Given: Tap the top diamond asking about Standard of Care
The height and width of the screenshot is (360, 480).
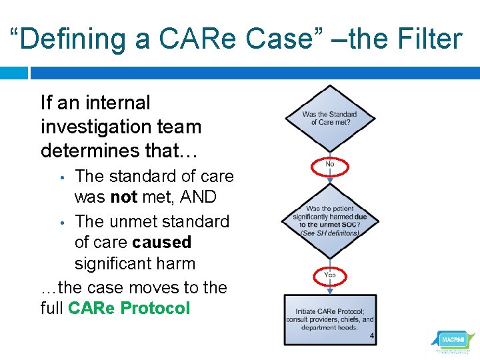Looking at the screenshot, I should [x=329, y=119].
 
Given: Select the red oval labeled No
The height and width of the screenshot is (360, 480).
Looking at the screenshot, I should [x=330, y=164].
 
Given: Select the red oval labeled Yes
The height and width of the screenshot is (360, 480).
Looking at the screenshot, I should [x=330, y=275].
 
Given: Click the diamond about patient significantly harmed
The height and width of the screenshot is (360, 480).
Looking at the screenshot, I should [x=329, y=221].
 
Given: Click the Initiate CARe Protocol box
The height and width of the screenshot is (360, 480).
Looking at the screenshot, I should [x=329, y=319].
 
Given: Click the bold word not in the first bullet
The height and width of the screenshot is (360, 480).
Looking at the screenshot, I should [x=123, y=198].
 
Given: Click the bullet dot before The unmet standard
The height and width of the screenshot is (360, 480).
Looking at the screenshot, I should [x=61, y=221].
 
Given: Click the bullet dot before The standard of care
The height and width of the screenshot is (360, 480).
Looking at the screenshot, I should [x=61, y=177].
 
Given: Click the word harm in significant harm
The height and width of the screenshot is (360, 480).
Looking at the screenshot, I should [x=177, y=264].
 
